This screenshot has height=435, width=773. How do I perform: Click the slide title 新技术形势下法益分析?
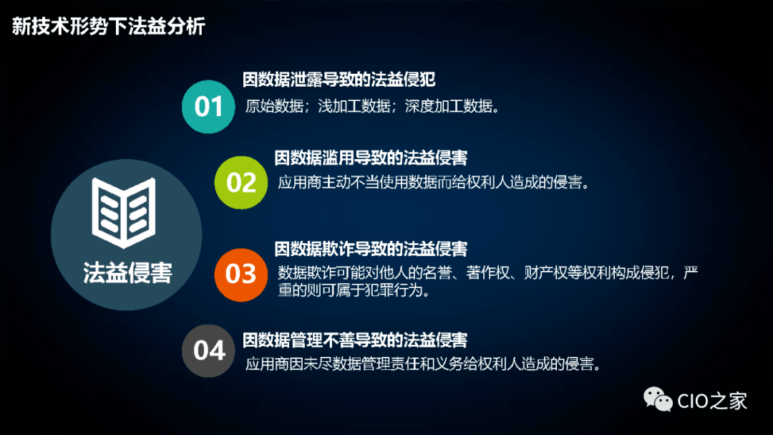pyautogui.click(x=109, y=27)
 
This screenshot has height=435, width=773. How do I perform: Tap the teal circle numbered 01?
pyautogui.click(x=208, y=107)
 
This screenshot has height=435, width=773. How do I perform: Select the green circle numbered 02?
pyautogui.click(x=241, y=183)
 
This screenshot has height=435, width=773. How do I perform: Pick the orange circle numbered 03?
pyautogui.click(x=241, y=274)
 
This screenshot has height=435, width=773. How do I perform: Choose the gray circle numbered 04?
pyautogui.click(x=208, y=350)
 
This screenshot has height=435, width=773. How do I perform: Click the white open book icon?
pyautogui.click(x=124, y=213)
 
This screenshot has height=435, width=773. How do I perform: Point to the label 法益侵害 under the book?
pyautogui.click(x=127, y=273)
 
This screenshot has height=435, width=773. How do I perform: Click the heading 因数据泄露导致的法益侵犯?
pyautogui.click(x=339, y=80)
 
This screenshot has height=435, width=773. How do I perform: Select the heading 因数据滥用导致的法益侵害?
pyautogui.click(x=371, y=158)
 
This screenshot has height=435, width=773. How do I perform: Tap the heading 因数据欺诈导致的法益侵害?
pyautogui.click(x=371, y=249)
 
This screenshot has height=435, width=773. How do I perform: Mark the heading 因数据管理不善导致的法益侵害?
pyautogui.click(x=355, y=340)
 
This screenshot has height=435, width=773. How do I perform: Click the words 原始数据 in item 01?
pyautogui.click(x=275, y=106)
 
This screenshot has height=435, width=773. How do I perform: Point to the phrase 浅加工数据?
pyautogui.click(x=354, y=106)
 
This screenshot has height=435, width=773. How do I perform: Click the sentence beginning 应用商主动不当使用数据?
pyautogui.click(x=434, y=183)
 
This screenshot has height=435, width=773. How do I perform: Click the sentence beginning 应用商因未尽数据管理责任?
pyautogui.click(x=424, y=364)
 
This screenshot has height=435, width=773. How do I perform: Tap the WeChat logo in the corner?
pyautogui.click(x=658, y=399)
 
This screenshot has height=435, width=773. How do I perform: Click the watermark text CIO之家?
pyautogui.click(x=712, y=401)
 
